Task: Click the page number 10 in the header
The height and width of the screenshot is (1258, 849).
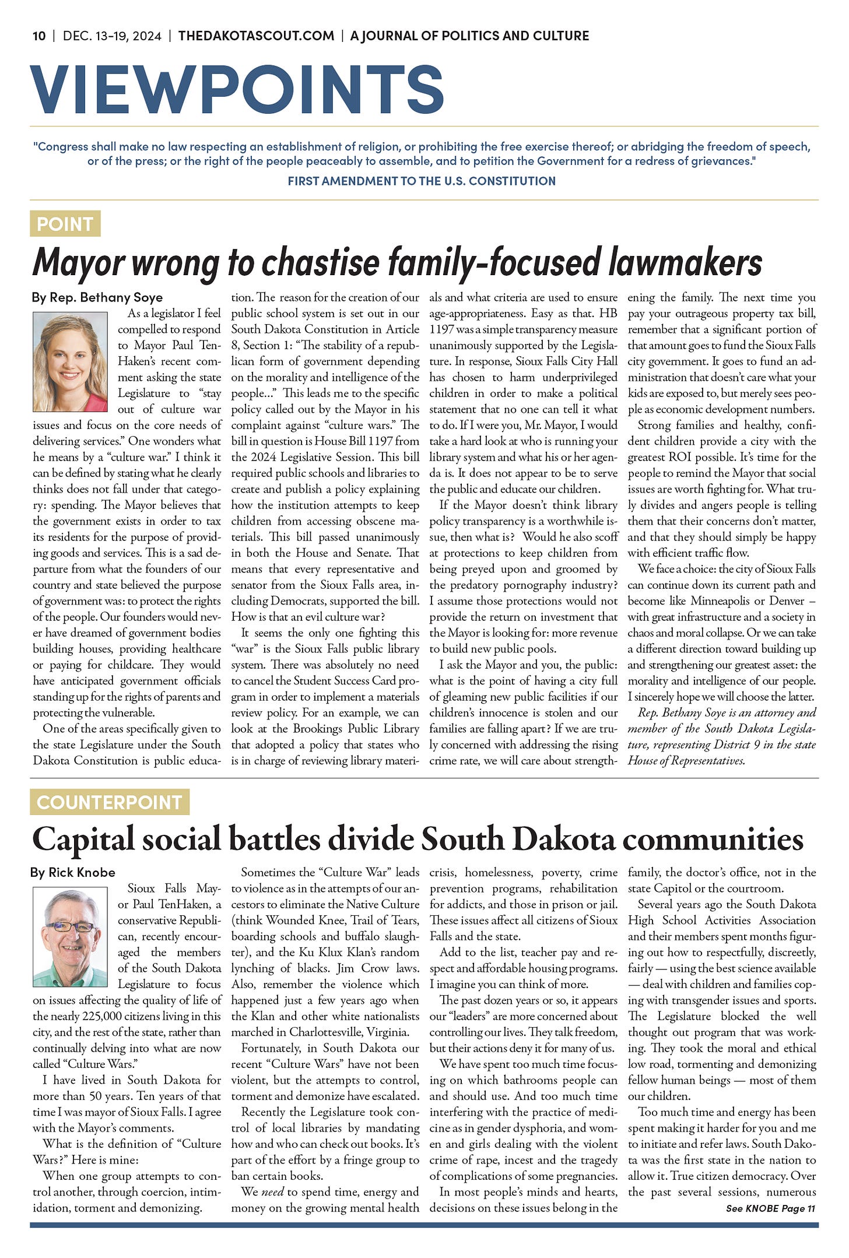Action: click(39, 36)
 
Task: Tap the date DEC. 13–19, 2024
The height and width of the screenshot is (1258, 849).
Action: click(112, 36)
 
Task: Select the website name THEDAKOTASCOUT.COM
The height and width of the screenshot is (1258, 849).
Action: click(257, 36)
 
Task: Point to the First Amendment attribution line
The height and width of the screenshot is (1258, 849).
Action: click(421, 181)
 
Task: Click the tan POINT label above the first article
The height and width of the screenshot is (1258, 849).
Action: click(65, 224)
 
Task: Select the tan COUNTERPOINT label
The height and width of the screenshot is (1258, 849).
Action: click(110, 802)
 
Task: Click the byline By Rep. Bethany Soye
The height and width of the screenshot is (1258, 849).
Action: click(97, 297)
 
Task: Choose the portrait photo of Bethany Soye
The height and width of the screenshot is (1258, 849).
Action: click(71, 362)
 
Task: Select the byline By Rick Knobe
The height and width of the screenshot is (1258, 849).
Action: click(73, 872)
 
